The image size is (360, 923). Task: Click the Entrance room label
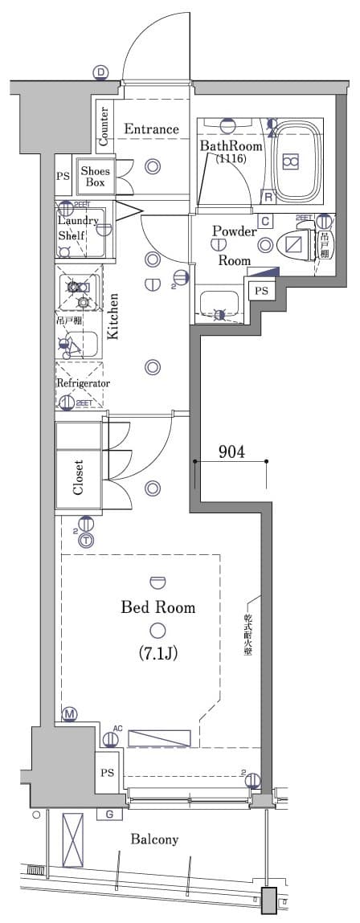coord(150,129)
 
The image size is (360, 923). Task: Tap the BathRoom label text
coord(227,145)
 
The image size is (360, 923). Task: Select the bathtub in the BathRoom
coord(290,161)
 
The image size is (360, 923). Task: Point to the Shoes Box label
coord(95,176)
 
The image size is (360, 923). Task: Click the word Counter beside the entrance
coord(104,127)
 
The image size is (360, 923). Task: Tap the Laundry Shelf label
coord(77,228)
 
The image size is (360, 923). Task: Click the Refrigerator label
coord(83,383)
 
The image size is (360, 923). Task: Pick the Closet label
coord(79,477)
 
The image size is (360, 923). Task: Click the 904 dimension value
coord(231,452)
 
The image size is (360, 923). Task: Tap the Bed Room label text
coord(157,607)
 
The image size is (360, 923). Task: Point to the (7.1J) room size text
coord(157,654)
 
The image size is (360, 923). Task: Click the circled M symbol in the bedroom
coord(70,714)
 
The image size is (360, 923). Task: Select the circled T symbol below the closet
coord(85,541)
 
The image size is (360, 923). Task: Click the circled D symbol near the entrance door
coord(101,73)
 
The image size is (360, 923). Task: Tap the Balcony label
coord(154,839)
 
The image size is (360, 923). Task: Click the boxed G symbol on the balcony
coord(108,815)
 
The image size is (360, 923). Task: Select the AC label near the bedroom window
coord(117,729)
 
